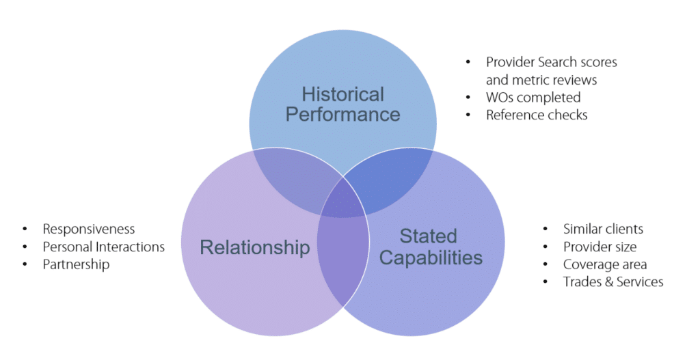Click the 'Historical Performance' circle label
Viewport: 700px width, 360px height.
(342, 104)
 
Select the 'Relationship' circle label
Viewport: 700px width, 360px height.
(254, 247)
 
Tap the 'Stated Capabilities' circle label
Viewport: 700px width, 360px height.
(431, 247)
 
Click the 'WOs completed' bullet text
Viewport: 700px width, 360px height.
(533, 97)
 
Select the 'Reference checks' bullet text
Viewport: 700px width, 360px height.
(537, 115)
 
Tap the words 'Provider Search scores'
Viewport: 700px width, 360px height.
(551, 62)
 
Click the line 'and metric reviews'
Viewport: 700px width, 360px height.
(541, 80)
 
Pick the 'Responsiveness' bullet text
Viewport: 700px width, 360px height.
(89, 229)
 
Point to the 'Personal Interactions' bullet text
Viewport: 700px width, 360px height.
(103, 247)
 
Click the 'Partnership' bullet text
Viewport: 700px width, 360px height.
(76, 264)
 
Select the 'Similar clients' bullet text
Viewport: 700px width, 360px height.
(603, 229)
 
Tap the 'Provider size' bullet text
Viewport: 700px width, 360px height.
(600, 247)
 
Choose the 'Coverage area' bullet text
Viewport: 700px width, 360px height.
(605, 264)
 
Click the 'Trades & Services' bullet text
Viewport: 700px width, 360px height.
(613, 281)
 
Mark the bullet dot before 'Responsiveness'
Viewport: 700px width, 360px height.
(25, 229)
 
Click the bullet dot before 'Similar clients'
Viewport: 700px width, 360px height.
(546, 229)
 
